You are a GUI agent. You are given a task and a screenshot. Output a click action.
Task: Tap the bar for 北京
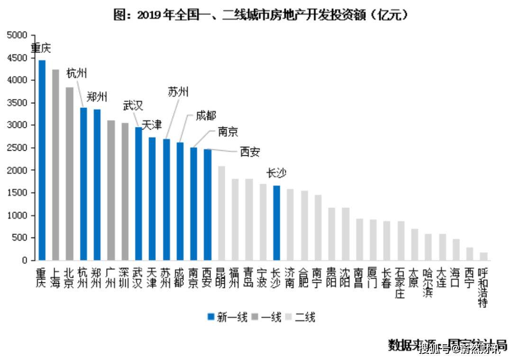click(x=70, y=174)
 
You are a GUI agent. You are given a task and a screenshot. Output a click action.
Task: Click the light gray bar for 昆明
click(x=221, y=213)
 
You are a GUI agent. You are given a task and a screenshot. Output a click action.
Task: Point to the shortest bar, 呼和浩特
click(x=484, y=256)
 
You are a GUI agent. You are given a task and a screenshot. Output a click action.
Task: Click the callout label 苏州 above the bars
click(x=178, y=92)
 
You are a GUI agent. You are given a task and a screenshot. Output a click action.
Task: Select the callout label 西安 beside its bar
click(x=250, y=152)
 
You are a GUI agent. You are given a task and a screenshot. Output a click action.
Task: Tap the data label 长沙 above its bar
click(x=276, y=173)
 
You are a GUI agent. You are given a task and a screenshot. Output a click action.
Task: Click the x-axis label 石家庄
click(x=401, y=283)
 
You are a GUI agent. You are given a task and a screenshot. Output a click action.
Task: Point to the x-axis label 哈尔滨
click(x=428, y=283)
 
